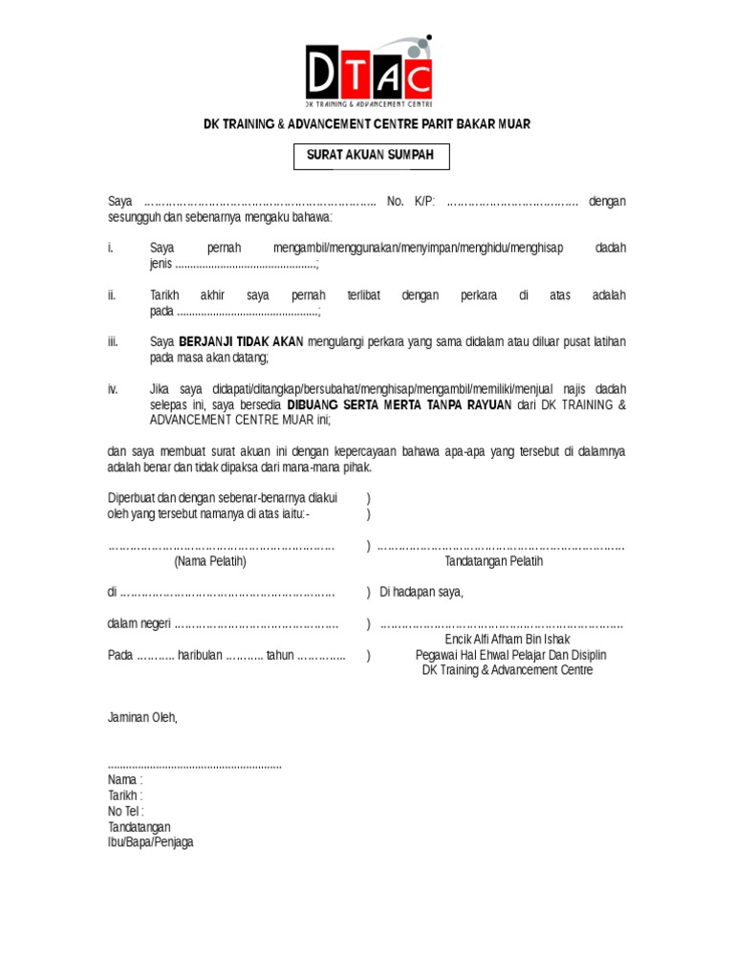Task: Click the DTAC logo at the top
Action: click(368, 71)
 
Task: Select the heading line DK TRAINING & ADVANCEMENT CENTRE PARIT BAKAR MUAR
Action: click(366, 124)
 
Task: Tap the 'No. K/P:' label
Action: click(411, 201)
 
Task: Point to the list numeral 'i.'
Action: click(111, 248)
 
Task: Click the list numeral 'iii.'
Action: click(113, 341)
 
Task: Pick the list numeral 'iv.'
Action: click(113, 389)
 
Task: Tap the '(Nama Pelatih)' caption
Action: click(210, 561)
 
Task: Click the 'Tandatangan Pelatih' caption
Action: click(494, 561)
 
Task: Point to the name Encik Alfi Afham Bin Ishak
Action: click(507, 640)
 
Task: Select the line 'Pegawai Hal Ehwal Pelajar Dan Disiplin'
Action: click(510, 655)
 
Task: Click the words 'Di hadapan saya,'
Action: click(421, 592)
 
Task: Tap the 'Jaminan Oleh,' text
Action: click(142, 717)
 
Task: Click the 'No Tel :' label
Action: click(126, 811)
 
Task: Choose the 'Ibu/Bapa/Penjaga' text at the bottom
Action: click(150, 842)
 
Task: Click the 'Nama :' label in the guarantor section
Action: click(125, 779)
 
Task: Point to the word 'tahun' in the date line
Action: click(281, 656)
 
